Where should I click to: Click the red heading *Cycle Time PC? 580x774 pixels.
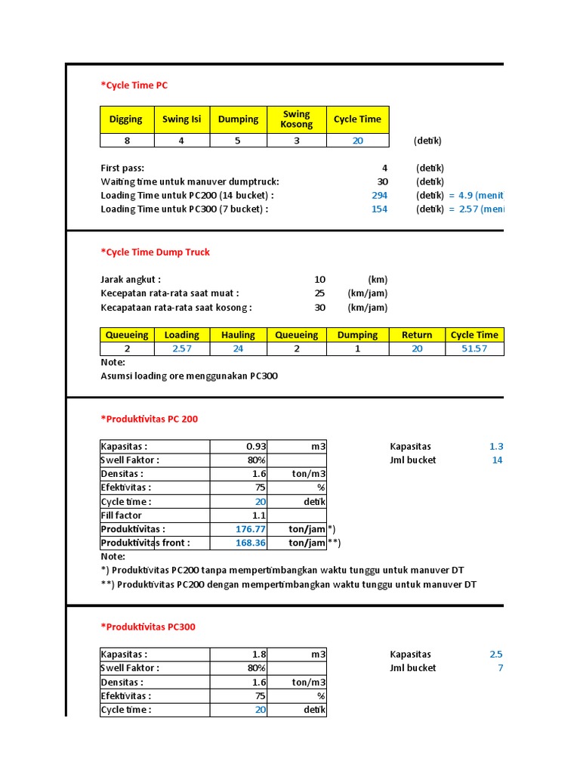134,85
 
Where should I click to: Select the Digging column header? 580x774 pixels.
126,119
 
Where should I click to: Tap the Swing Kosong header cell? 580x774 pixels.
296,119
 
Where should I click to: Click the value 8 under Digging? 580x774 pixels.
126,141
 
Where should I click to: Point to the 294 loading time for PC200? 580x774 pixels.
379,195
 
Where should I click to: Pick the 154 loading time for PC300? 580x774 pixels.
379,209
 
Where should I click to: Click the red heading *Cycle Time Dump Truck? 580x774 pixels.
155,252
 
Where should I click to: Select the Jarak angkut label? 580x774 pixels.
131,280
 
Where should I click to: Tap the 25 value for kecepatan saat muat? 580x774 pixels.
319,293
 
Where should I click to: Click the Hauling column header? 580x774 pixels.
238,335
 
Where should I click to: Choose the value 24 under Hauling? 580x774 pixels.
238,348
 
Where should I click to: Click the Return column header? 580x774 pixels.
417,335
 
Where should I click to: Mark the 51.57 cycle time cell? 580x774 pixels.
474,348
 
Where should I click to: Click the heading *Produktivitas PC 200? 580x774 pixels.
149,419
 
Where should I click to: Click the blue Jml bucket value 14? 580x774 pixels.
497,460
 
